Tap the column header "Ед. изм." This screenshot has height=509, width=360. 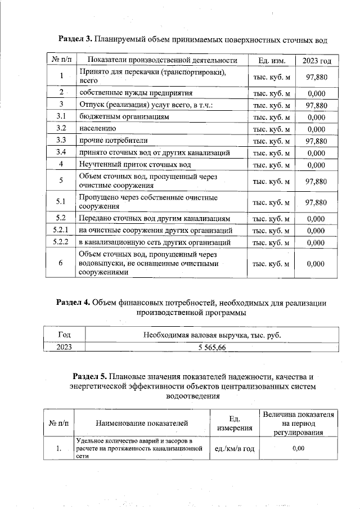(x=272, y=60)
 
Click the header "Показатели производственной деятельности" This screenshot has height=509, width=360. (x=163, y=60)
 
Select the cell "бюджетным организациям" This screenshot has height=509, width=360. (x=124, y=116)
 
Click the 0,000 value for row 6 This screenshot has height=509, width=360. (x=317, y=263)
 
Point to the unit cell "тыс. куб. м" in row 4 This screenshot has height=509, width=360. (x=272, y=165)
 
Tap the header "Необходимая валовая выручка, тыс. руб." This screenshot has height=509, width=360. (x=211, y=336)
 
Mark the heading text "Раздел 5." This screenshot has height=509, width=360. (x=91, y=375)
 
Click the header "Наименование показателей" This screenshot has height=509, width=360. (x=142, y=423)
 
